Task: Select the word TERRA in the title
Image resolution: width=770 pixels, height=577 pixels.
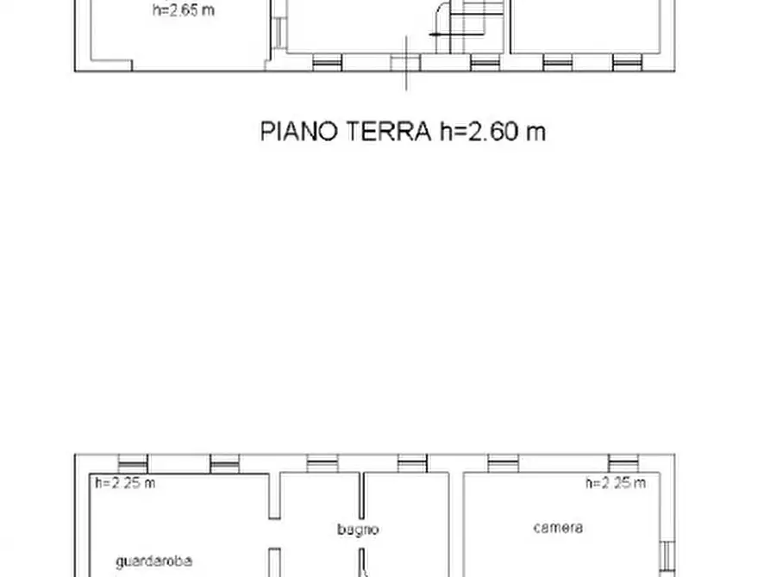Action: (x=388, y=132)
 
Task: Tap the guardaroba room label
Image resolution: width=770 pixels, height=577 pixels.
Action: (x=153, y=561)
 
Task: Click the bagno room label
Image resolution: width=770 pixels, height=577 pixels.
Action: (x=358, y=530)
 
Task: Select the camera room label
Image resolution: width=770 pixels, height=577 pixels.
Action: (x=557, y=527)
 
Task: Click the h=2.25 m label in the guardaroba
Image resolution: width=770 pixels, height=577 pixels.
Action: (x=125, y=483)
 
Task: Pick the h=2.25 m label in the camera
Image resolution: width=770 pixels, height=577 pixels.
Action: (x=615, y=483)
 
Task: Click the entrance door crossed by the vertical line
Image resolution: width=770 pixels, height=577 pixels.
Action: (x=405, y=63)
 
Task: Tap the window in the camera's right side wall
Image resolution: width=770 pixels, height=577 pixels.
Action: (x=666, y=557)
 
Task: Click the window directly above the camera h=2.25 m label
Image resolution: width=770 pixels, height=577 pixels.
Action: (x=623, y=463)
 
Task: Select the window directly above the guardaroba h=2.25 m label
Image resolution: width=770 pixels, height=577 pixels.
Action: (x=132, y=463)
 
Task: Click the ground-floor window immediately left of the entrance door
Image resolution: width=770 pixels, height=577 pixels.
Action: (x=327, y=63)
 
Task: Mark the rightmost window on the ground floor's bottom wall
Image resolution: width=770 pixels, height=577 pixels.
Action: (x=627, y=63)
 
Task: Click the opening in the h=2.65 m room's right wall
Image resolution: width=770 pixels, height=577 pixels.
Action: (x=279, y=32)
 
